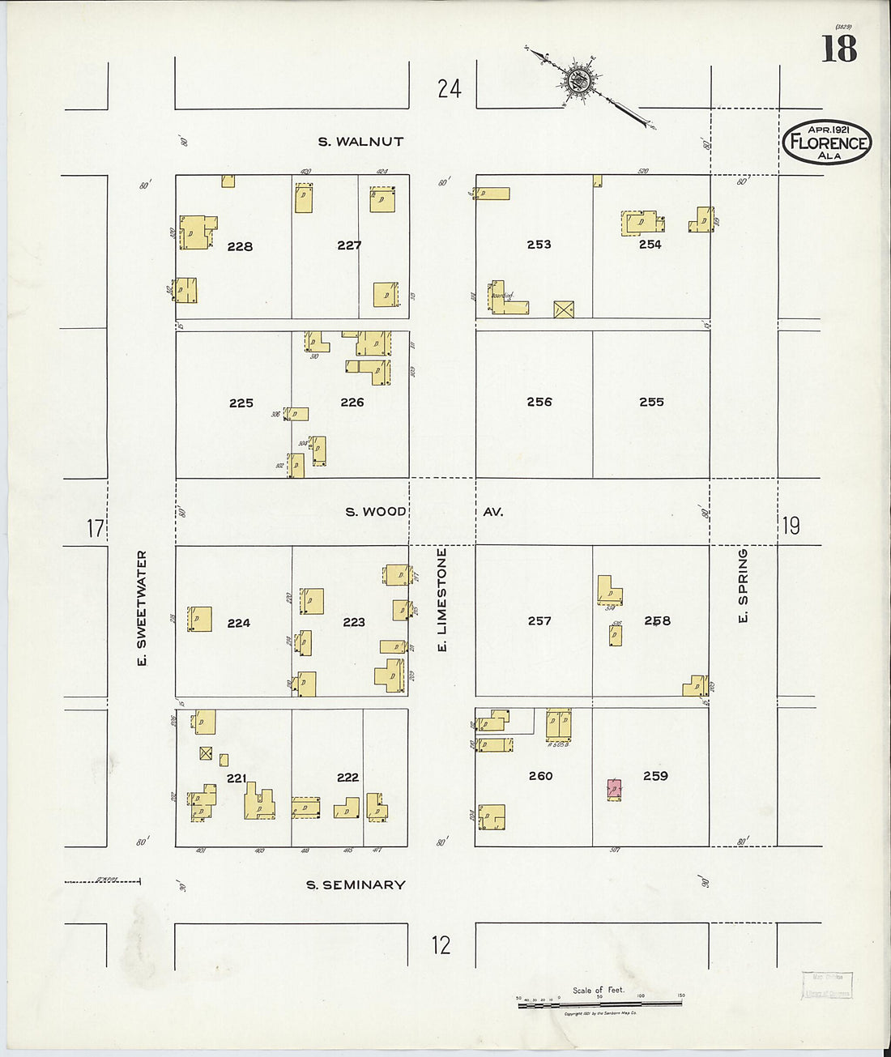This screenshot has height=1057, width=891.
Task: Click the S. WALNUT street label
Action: pyautogui.click(x=360, y=142)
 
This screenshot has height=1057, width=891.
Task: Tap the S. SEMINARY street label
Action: pyautogui.click(x=356, y=885)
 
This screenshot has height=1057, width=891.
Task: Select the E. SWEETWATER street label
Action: pyautogui.click(x=142, y=608)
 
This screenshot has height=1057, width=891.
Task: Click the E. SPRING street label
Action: pyautogui.click(x=742, y=586)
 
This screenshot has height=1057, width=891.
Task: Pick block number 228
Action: pyautogui.click(x=240, y=246)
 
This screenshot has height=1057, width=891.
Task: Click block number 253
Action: pyautogui.click(x=539, y=244)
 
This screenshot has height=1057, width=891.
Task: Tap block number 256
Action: pyautogui.click(x=539, y=402)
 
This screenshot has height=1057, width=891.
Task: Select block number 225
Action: pyautogui.click(x=241, y=403)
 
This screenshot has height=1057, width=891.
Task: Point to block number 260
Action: pyautogui.click(x=540, y=776)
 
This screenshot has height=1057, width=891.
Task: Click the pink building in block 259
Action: pyautogui.click(x=615, y=790)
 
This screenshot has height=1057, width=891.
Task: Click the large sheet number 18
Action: pyautogui.click(x=839, y=49)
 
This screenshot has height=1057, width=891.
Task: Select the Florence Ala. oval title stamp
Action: pyautogui.click(x=827, y=142)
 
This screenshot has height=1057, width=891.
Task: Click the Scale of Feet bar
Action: pyautogui.click(x=599, y=1004)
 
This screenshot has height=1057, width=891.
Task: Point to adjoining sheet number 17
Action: pyautogui.click(x=96, y=529)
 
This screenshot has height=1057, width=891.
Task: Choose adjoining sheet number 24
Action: pyautogui.click(x=449, y=88)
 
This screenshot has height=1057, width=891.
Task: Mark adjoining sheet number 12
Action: pyautogui.click(x=441, y=945)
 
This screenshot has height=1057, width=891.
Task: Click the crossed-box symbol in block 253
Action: pyautogui.click(x=564, y=309)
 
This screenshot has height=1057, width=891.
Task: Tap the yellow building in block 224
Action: pyautogui.click(x=199, y=619)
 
